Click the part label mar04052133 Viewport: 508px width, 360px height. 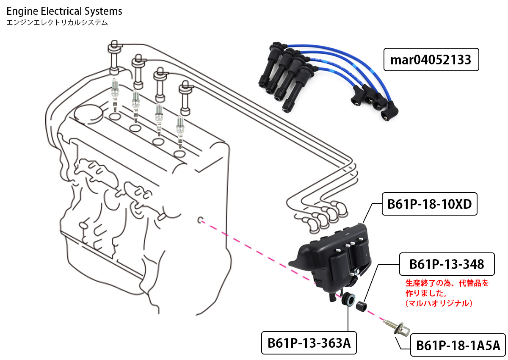tap(431, 60)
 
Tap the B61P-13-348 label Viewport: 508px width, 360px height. tap(447, 264)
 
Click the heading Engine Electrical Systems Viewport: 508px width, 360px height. tap(64, 11)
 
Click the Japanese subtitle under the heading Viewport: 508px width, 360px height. tap(57, 22)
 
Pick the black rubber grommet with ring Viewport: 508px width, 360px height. tap(348, 299)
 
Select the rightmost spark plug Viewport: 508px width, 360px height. tap(181, 129)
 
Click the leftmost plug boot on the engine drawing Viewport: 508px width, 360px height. tap(115, 57)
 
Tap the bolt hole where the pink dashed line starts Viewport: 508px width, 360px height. tap(201, 220)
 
